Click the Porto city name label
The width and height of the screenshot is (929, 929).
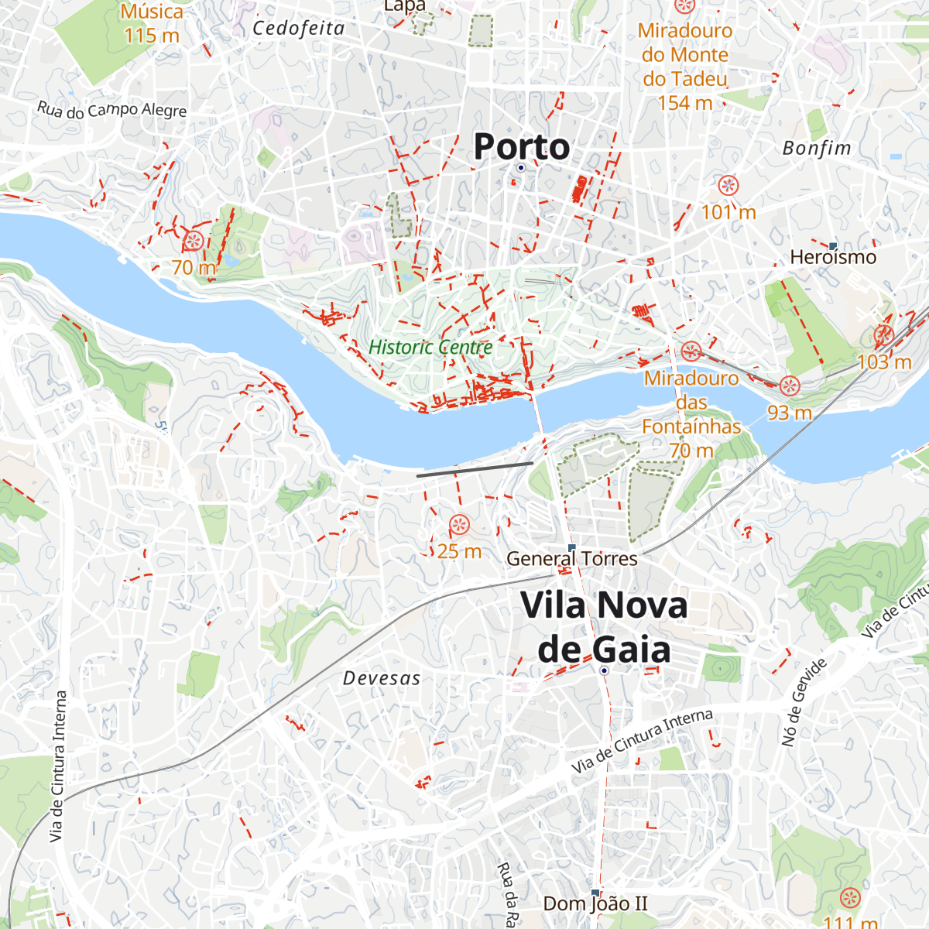coord(521,146)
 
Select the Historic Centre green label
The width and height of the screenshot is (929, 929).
coord(430,347)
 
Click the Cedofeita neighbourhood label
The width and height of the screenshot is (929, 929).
coord(299,29)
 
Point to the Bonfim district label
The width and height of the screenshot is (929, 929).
coord(817,148)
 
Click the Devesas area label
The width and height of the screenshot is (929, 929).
coord(382,678)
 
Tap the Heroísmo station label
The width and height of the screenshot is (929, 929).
coord(833,257)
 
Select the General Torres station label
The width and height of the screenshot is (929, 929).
coord(571,559)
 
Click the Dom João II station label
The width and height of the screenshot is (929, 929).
coord(595,903)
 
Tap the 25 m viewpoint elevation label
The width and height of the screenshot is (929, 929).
coord(459,551)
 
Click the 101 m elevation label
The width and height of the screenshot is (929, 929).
coord(728,211)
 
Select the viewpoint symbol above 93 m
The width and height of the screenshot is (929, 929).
coord(789,386)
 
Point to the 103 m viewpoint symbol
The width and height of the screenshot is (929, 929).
coord(883,336)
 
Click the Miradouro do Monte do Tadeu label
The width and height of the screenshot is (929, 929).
coord(685,67)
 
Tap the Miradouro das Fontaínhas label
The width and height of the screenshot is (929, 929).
coord(691,402)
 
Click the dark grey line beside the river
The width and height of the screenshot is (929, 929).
coord(475,469)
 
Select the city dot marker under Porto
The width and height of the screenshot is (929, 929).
coord(521,167)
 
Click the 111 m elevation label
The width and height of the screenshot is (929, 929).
coord(850,922)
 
